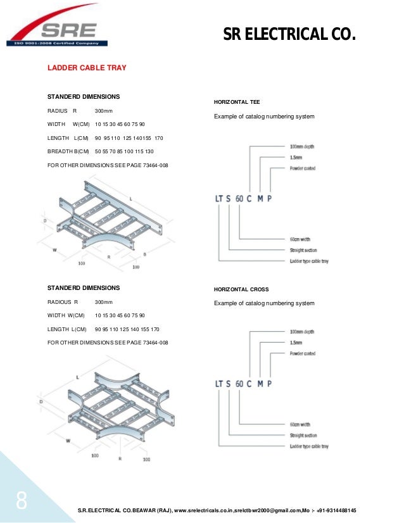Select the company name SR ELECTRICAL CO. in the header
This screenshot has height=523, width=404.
pyautogui.click(x=289, y=33)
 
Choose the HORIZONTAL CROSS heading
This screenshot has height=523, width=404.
pyautogui.click(x=241, y=289)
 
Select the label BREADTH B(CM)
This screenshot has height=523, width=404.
pyautogui.click(x=68, y=152)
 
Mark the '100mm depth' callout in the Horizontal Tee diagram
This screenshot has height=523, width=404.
pyautogui.click(x=302, y=146)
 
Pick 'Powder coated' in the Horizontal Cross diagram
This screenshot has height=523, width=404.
pyautogui.click(x=302, y=353)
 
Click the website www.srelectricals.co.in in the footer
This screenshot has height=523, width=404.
pyautogui.click(x=202, y=510)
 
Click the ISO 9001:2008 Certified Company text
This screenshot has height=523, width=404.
pyautogui.click(x=56, y=44)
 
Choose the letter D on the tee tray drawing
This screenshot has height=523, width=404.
pyautogui.click(x=45, y=221)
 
